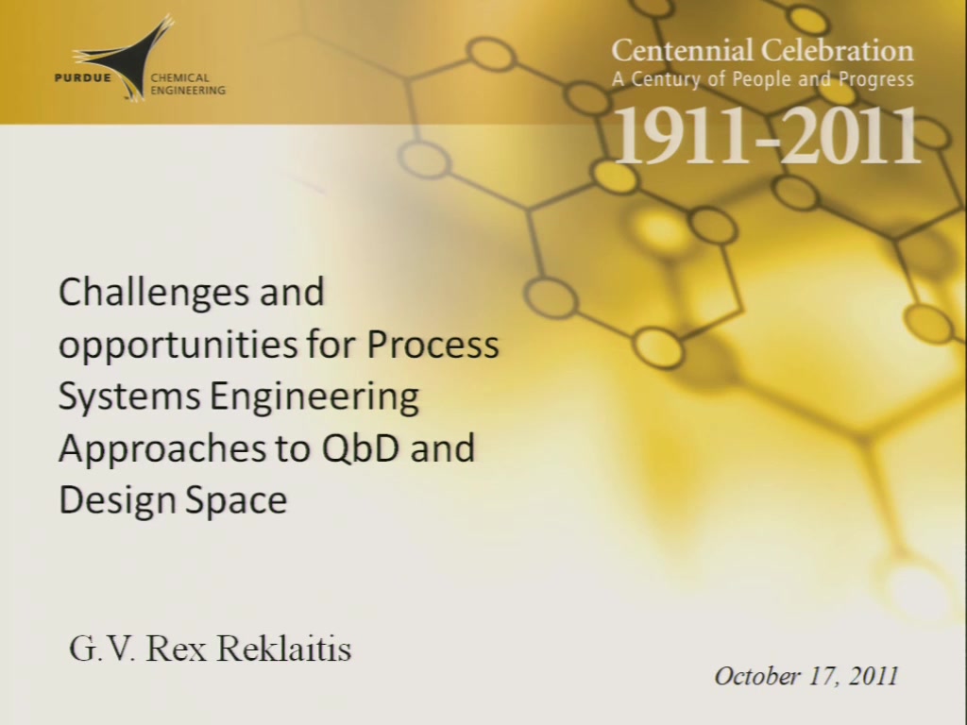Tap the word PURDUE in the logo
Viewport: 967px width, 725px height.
(83, 78)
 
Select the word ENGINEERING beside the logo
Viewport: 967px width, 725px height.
(188, 91)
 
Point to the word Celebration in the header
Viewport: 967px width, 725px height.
(838, 50)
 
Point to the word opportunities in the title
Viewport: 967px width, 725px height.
(177, 346)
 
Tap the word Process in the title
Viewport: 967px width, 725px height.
(433, 345)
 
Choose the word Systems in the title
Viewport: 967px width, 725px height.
(129, 397)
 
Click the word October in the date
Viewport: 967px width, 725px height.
(757, 676)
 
